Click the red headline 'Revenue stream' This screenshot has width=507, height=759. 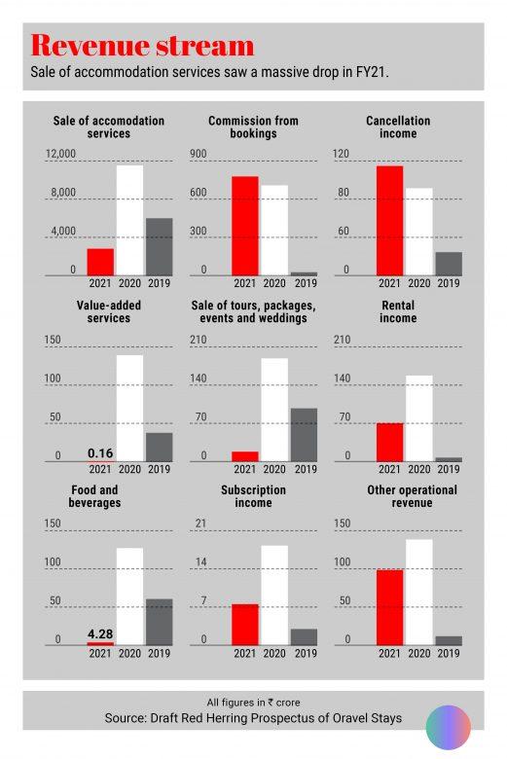142,46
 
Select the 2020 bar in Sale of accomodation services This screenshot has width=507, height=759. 129,220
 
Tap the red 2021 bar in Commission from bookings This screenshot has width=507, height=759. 245,226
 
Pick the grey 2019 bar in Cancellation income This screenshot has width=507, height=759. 449,264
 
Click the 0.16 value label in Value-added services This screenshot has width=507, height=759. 100,453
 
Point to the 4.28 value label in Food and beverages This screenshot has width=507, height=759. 100,633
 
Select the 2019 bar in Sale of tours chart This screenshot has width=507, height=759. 305,435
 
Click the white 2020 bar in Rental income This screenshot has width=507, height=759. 419,418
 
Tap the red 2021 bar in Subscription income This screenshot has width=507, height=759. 245,625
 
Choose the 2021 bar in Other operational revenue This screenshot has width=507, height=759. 390,607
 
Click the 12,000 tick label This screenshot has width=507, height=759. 60,154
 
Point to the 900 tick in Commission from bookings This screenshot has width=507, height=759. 199,154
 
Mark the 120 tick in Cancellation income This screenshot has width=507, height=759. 341,154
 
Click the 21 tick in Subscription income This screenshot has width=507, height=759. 200,524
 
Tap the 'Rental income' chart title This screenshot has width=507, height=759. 398,311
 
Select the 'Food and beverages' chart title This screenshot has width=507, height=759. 94,496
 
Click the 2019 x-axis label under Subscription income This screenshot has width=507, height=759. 306,654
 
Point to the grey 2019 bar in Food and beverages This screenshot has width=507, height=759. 160,622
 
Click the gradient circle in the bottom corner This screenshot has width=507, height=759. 449,728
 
